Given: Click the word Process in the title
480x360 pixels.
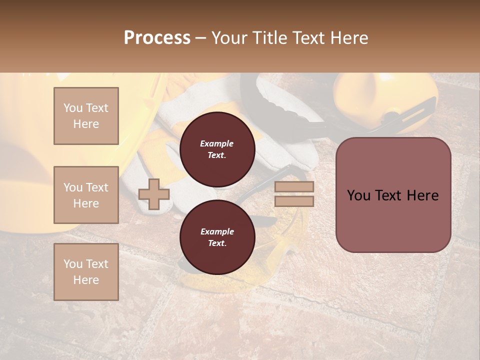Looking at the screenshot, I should click(157, 38).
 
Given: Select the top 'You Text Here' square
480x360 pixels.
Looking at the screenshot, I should click(86, 116).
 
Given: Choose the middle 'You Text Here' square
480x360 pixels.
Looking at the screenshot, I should click(86, 195).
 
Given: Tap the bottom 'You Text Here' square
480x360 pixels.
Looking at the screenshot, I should click(86, 272).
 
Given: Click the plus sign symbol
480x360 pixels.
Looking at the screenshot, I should click(154, 194).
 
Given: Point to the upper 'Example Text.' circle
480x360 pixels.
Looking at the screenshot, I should click(217, 149).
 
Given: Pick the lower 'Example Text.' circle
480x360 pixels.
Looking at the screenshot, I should click(217, 237).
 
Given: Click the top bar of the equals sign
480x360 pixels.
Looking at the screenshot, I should click(294, 187).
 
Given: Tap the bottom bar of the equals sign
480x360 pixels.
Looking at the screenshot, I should click(294, 201).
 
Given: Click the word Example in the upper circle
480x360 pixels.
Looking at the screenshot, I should click(217, 143).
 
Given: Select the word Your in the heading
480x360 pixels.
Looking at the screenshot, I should click(229, 38).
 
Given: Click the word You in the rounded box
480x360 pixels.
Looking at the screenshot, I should click(358, 195).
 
